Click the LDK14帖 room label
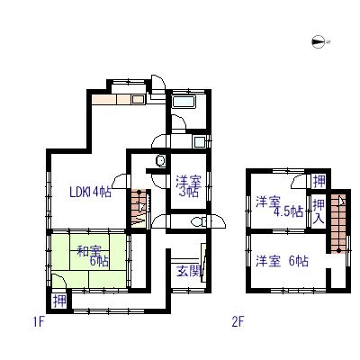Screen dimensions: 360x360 tap(90, 192)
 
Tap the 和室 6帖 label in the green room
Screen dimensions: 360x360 tap(93, 256)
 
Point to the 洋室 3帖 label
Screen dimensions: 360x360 tap(188, 186)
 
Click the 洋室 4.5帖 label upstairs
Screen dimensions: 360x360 tap(279, 207)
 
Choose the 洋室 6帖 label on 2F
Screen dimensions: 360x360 tap(282, 261)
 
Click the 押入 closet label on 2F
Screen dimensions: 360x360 tap(319, 211)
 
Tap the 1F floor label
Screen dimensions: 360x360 tap(39, 322)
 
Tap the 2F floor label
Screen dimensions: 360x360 tap(238, 322)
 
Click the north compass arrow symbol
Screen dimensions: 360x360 tap(318, 41)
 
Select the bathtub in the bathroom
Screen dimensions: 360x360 tap(184, 102)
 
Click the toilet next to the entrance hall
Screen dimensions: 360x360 tap(198, 222)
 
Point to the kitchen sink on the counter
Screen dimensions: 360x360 tap(138, 100)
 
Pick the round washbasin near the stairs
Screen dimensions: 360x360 tap(160, 161)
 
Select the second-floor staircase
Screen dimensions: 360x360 tap(338, 223)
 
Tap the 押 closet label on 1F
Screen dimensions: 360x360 tap(59, 301)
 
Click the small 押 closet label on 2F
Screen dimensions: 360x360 tap(319, 181)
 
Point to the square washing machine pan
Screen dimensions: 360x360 tap(199, 141)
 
